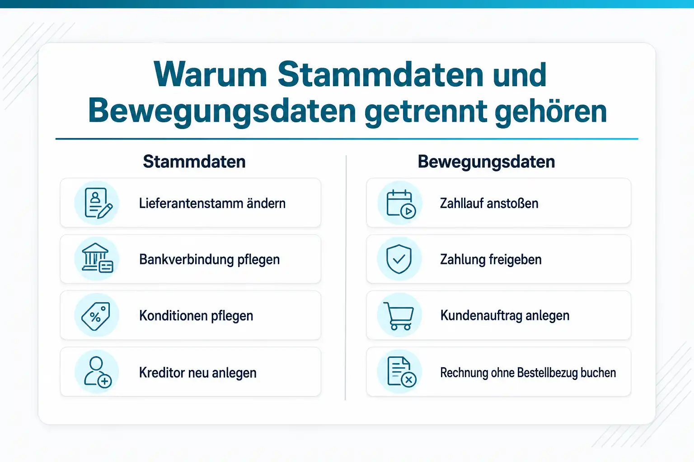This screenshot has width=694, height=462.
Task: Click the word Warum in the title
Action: click(210, 74)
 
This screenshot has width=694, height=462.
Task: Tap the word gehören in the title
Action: click(550, 111)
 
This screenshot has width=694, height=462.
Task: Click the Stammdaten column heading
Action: click(194, 162)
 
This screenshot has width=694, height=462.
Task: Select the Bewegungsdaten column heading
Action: click(486, 162)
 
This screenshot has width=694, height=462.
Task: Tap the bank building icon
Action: click(97, 258)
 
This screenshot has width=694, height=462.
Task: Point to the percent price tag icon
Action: click(96, 316)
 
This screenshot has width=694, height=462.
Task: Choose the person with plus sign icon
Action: click(98, 372)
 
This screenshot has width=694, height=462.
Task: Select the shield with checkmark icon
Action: click(399, 259)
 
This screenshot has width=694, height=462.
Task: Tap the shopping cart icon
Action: click(399, 316)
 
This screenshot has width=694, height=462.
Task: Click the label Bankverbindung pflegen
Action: click(210, 259)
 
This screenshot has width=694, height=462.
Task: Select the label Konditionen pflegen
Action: click(196, 316)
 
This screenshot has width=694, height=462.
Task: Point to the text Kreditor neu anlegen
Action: click(197, 373)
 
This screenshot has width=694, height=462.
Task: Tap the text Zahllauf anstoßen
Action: click(489, 203)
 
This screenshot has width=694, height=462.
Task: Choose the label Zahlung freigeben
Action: click(491, 259)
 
